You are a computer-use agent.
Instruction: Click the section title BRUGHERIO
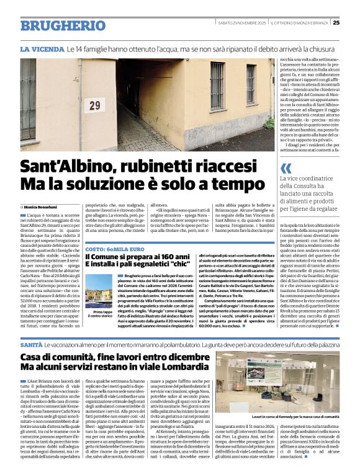tap(54, 25)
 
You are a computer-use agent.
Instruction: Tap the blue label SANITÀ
tap(32, 344)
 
